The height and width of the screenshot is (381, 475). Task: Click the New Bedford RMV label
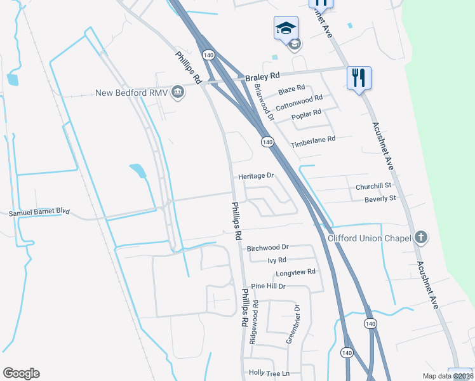[130, 93]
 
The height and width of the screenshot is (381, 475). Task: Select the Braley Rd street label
[262, 77]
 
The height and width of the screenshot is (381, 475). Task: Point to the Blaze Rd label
[291, 88]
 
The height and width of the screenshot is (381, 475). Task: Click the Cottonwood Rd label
[299, 102]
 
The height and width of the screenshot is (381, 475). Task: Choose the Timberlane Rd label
[312, 142]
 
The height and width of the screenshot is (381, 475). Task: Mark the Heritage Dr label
[256, 176]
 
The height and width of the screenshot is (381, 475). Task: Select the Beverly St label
[380, 199]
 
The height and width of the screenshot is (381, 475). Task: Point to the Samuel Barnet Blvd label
[39, 212]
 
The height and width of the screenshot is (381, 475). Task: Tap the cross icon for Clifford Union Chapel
[420, 238]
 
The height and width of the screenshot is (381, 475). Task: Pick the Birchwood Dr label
[267, 247]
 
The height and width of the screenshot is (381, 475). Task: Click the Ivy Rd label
[277, 260]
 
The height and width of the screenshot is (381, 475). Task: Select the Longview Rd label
[295, 272]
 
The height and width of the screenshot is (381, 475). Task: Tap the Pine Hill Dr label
[268, 286]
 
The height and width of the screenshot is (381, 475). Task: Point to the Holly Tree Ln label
[269, 373]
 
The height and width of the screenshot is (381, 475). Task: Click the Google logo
[21, 373]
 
